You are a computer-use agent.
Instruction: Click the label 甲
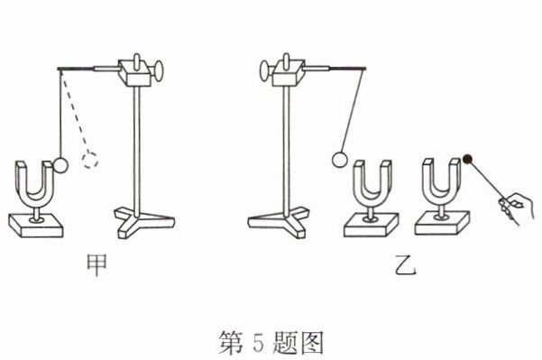point(96,265)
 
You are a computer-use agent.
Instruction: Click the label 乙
point(406,265)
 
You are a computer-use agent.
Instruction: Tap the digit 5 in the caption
point(258,341)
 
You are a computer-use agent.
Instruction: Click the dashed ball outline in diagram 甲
point(89,160)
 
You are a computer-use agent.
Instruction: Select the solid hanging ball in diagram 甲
point(60,164)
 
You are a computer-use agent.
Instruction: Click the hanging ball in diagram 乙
point(339,160)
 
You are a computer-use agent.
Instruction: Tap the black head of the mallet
point(468,159)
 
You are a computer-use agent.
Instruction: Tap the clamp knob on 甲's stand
point(158,71)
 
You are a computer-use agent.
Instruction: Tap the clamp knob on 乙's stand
point(264,70)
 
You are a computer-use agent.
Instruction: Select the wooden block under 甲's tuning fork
point(35,225)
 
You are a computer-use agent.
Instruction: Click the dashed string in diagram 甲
point(74,111)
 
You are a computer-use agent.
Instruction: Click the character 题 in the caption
point(283,341)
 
